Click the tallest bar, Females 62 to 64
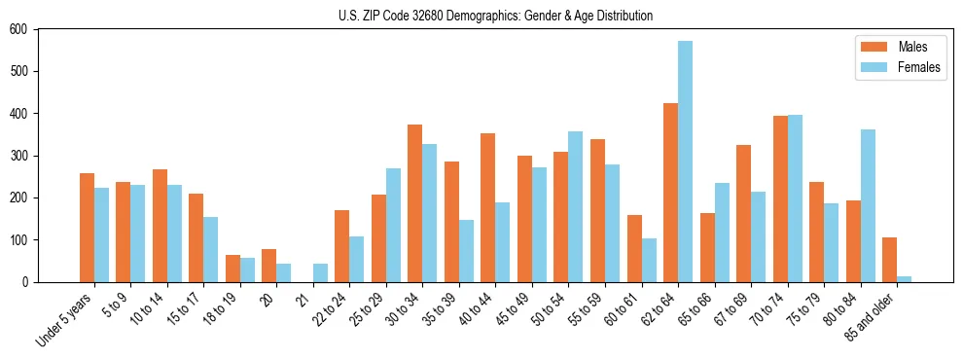click(x=686, y=162)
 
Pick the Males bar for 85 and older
click(x=890, y=260)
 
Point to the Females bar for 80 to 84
click(x=868, y=205)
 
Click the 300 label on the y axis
click(x=18, y=156)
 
